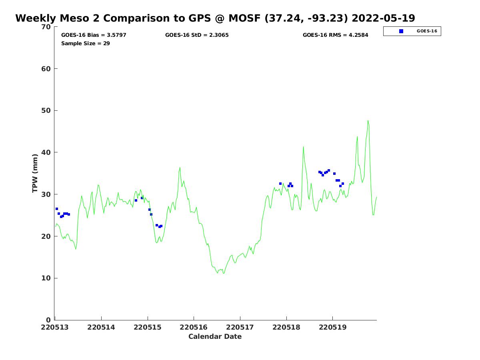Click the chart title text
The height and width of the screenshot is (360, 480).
coord(215,18)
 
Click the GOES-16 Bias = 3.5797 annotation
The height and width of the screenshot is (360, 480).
coord(94,35)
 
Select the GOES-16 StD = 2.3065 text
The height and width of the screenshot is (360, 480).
coord(197,35)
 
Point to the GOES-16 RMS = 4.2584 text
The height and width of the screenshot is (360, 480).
coord(335,35)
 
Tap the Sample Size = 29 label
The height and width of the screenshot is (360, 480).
coord(85,44)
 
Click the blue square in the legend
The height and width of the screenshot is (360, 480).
coord(401,31)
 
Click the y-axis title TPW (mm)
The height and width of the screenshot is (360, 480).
coord(35,173)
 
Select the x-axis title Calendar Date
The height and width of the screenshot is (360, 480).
coord(215,337)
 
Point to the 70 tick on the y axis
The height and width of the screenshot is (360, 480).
coord(47,27)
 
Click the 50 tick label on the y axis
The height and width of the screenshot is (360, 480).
coord(47,111)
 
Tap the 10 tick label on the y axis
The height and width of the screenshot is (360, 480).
coord(47,278)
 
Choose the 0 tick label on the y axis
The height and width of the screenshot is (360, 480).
coord(49,320)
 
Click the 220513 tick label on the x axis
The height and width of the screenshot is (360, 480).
coord(55,328)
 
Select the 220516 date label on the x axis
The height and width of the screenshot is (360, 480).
coord(194,328)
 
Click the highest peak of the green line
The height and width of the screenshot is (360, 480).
coord(368,120)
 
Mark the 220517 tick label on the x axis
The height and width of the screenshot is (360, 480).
coord(240,328)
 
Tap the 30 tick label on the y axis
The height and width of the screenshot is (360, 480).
coord(47,194)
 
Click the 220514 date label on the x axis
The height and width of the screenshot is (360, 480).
coord(101,328)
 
